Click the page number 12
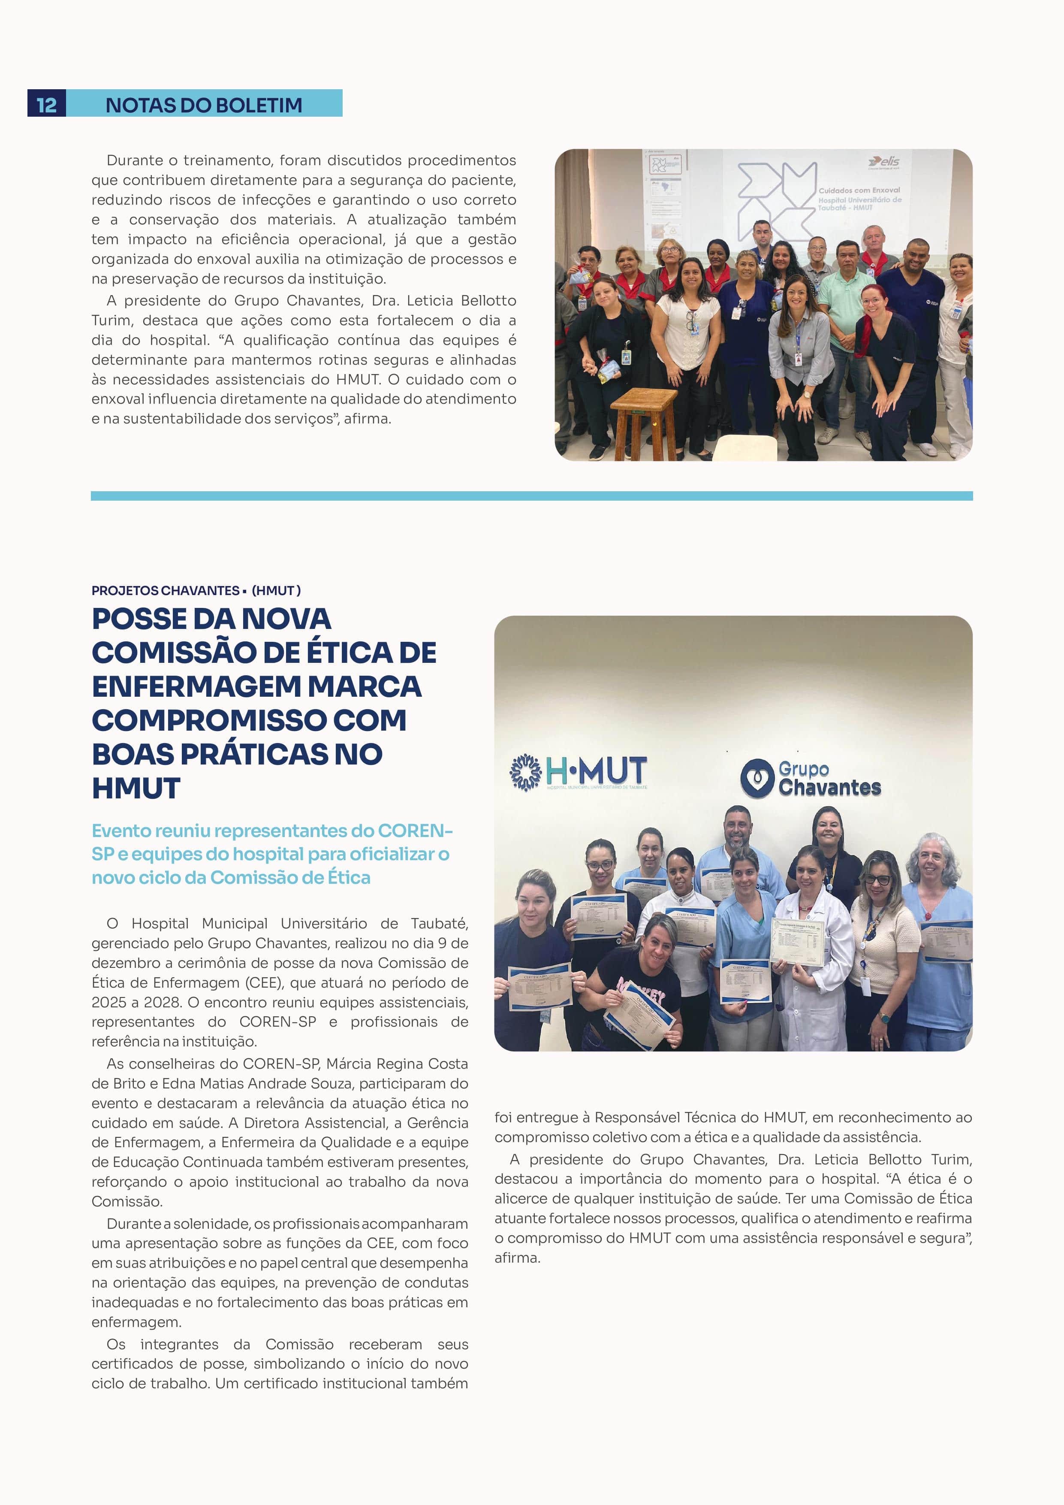(x=46, y=105)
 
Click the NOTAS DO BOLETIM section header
(x=204, y=105)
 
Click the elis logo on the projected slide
(x=884, y=161)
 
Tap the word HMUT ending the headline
(x=136, y=788)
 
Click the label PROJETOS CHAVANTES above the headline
(x=165, y=591)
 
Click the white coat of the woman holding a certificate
(x=812, y=983)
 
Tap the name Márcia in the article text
(x=352, y=1064)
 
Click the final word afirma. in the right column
(x=518, y=1258)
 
